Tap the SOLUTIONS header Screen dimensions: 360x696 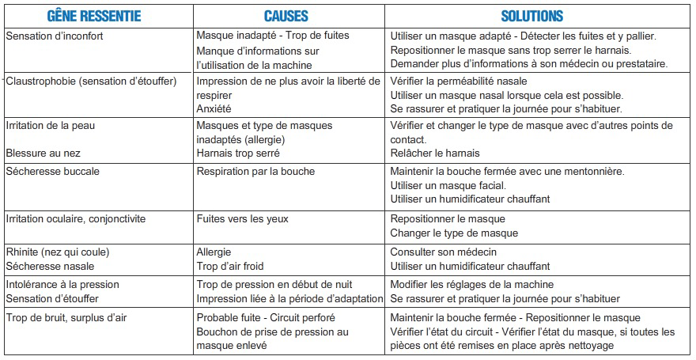point(532,16)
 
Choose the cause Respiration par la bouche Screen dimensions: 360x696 point(255,171)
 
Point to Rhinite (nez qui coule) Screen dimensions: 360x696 point(56,252)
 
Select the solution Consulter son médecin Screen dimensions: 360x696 point(447,252)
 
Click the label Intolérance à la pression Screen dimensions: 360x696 point(62,284)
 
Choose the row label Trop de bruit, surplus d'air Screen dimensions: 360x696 point(69,317)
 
